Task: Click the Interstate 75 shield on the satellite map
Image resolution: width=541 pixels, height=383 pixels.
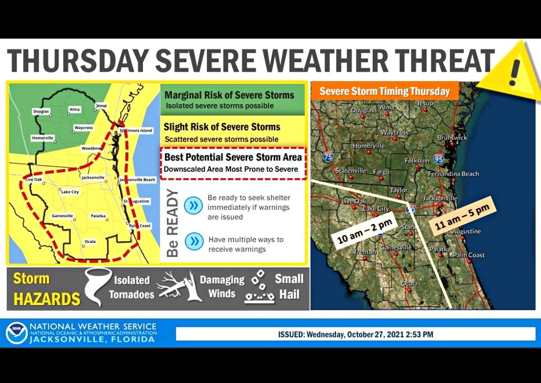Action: point(328,157)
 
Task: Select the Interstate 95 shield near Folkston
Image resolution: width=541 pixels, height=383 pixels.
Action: point(438,158)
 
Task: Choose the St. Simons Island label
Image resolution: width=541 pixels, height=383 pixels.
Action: point(136,130)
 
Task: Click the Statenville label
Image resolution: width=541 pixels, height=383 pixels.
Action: point(351,171)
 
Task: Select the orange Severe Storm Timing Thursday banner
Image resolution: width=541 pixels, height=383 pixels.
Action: point(385,91)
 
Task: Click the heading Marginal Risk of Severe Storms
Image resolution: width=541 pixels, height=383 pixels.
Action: point(229,96)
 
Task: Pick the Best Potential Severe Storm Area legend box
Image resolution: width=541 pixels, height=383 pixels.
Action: point(233,163)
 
